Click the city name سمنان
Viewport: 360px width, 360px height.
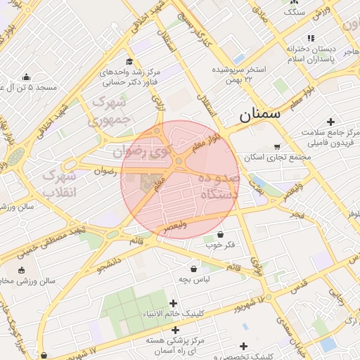coord(259,114)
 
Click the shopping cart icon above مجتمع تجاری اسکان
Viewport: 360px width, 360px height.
coord(276,146)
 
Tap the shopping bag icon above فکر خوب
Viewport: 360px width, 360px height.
coord(220,234)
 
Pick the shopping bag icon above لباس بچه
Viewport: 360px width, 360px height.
coord(193,268)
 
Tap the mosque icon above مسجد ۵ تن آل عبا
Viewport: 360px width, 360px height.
coord(27,77)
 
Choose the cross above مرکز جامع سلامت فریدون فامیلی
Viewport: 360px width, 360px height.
coord(330,122)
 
